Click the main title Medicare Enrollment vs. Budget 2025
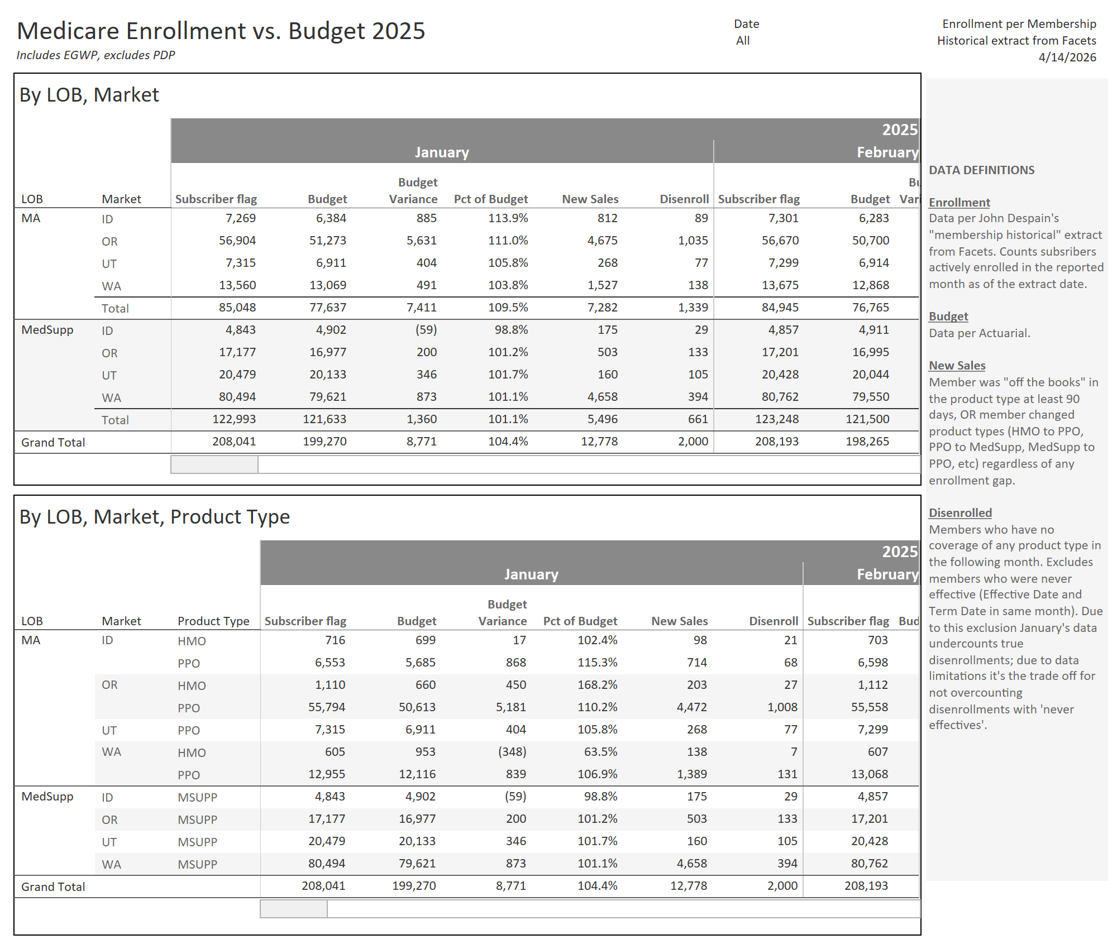[221, 31]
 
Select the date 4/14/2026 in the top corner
[1067, 57]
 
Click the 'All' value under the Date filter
[742, 41]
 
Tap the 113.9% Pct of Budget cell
[508, 218]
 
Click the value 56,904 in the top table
[237, 241]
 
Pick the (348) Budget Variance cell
[512, 752]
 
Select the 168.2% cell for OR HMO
[597, 685]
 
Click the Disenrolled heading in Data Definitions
[960, 513]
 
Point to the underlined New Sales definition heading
[957, 366]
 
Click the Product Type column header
[213, 621]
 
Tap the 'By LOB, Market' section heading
[89, 95]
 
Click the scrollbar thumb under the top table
[214, 464]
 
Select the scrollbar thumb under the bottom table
[294, 909]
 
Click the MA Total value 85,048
[237, 308]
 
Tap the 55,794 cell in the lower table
[326, 707]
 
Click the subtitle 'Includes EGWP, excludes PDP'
[96, 55]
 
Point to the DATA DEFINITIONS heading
[981, 170]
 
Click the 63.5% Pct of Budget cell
[600, 752]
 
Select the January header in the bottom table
[531, 574]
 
